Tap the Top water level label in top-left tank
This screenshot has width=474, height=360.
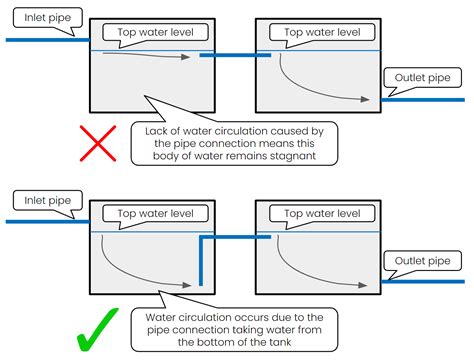point(150,32)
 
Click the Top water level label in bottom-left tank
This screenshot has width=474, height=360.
point(150,214)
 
